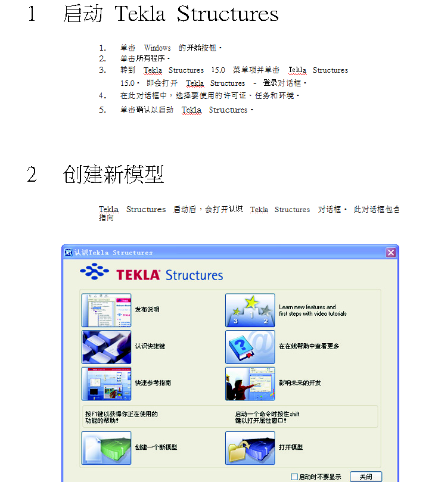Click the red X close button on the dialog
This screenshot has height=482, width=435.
(x=391, y=253)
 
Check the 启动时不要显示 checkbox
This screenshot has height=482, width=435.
(x=294, y=477)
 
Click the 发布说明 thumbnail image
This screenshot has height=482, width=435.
(x=107, y=310)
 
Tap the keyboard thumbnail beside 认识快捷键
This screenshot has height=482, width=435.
(x=107, y=347)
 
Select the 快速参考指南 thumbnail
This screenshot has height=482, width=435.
(x=107, y=384)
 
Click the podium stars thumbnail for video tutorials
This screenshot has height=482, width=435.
(x=250, y=310)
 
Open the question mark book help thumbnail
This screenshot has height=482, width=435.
(x=250, y=347)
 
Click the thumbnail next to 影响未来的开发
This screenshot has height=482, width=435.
(x=250, y=384)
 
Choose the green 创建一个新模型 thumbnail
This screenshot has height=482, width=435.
(x=107, y=448)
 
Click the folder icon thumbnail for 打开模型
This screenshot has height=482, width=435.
(x=250, y=448)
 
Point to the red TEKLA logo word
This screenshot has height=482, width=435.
(x=138, y=275)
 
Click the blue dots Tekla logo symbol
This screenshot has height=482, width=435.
(x=94, y=271)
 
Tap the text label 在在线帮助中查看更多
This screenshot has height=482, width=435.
(x=309, y=346)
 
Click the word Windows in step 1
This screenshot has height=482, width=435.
(x=157, y=48)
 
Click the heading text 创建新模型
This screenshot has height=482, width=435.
(x=113, y=175)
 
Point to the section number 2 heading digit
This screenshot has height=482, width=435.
(x=32, y=175)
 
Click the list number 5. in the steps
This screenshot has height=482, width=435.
(x=102, y=110)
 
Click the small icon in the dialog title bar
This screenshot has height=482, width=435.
(x=69, y=253)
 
